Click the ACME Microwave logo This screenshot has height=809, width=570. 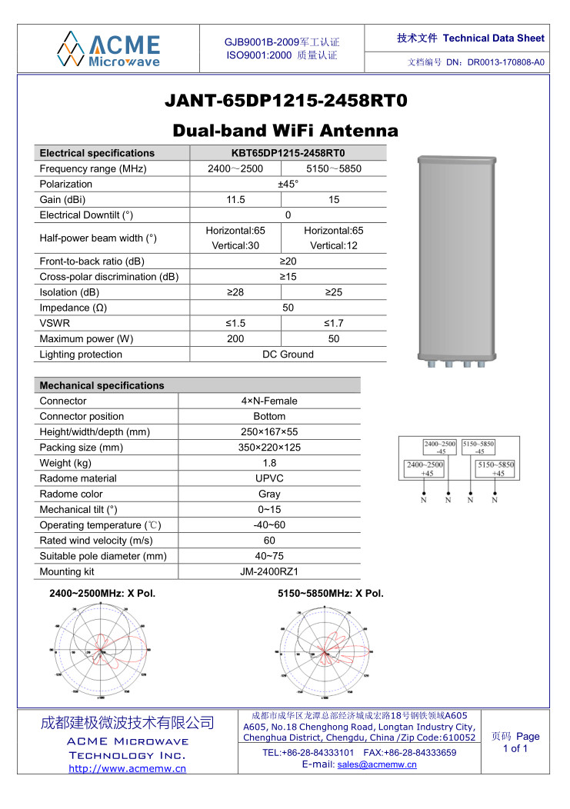108,48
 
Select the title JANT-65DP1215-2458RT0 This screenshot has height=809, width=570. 285,102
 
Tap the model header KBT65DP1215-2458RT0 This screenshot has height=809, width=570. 288,153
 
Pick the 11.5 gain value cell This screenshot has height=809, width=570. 235,200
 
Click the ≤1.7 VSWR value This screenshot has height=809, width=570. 334,323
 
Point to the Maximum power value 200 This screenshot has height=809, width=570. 235,338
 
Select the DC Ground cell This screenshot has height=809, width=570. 288,355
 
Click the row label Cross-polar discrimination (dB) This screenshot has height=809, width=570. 109,277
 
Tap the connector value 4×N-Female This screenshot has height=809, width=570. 269,401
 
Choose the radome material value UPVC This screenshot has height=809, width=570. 269,478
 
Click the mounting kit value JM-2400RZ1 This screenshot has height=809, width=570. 269,571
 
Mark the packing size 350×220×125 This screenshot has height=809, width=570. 269,448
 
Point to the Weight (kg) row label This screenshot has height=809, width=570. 65,463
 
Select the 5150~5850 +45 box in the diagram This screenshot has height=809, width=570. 495,469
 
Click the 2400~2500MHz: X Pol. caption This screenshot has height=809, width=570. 102,593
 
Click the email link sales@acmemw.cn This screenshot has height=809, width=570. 377,764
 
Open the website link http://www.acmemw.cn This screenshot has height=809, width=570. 128,768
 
